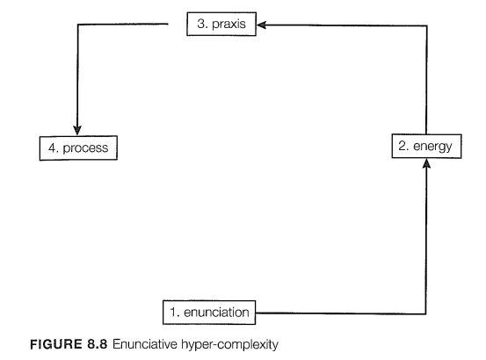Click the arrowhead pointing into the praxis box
pos(261,25)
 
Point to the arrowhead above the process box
pos(77,130)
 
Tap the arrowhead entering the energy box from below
pos(426,163)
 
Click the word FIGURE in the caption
pos(55,344)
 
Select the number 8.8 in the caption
pos(97,344)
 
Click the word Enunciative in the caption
pos(145,344)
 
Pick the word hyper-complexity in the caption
pos(229,345)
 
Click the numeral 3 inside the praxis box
pos(201,24)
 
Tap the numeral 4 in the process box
pos(53,148)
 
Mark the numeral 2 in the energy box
pos(403,146)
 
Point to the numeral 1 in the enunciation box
pos(174,312)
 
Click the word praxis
pos(228,25)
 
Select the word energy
pos(432,147)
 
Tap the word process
pos(85,148)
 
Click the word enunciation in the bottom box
pos(216,313)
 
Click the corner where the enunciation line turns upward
pos(426,313)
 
